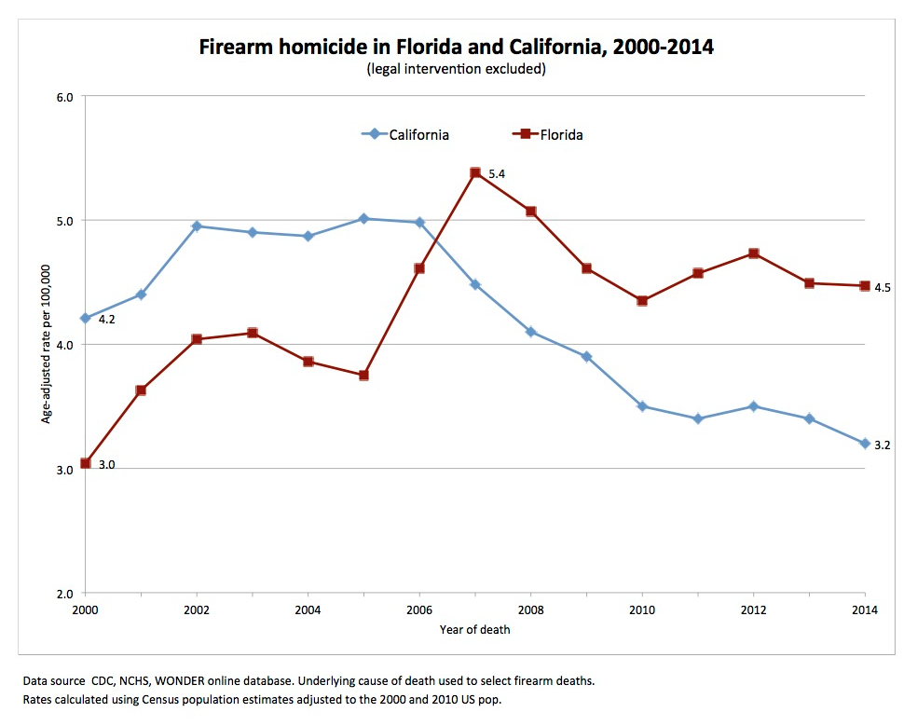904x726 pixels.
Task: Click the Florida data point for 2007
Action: tap(475, 172)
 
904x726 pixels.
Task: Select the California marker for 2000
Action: tap(85, 318)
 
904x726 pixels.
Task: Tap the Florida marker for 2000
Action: tap(85, 463)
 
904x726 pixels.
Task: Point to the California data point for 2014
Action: tap(865, 443)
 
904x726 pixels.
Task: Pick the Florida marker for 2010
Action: tap(642, 300)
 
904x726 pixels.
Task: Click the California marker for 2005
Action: tap(363, 218)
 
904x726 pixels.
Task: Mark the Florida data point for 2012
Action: tap(754, 253)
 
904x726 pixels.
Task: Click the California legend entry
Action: tap(405, 134)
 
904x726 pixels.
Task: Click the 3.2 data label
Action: tap(883, 445)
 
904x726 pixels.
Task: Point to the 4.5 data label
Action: tap(883, 288)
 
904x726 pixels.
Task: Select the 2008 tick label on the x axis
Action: tap(530, 610)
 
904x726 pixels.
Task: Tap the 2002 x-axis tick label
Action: tap(197, 610)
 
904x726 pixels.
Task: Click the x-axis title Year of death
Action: tap(475, 629)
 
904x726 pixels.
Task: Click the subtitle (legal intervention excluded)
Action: tap(456, 69)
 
